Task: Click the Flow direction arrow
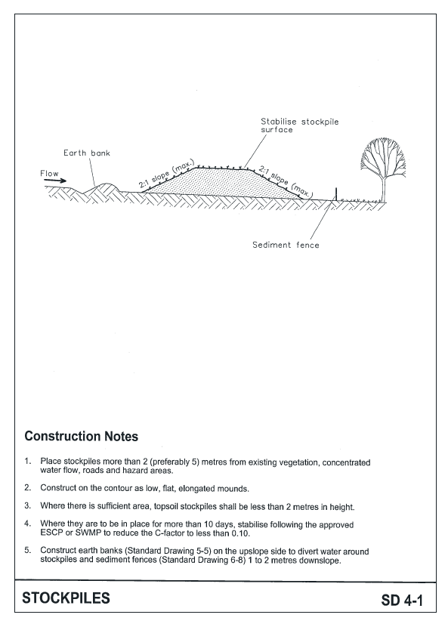pyautogui.click(x=54, y=181)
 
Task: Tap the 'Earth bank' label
pyautogui.click(x=87, y=153)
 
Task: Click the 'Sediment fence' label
pyautogui.click(x=286, y=245)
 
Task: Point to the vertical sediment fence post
pyautogui.click(x=335, y=193)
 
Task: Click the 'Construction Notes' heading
pyautogui.click(x=81, y=437)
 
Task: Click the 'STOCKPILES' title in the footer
pyautogui.click(x=66, y=598)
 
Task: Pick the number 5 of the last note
pyautogui.click(x=27, y=550)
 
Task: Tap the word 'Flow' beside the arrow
pyautogui.click(x=49, y=174)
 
